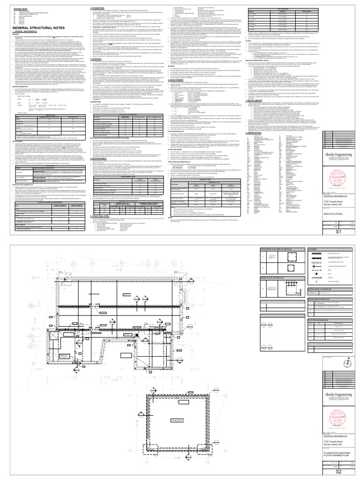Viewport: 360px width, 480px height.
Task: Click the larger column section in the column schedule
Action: pos(269,259)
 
